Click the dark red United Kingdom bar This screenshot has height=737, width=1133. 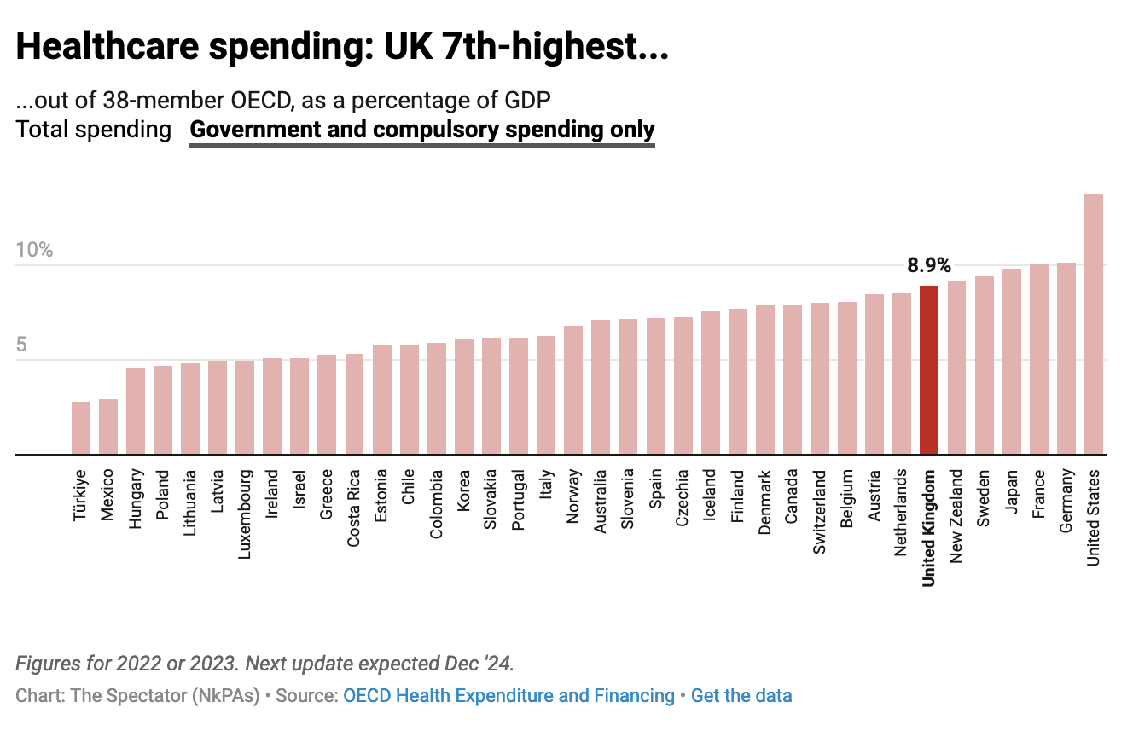click(x=929, y=370)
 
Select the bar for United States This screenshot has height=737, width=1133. click(x=1093, y=324)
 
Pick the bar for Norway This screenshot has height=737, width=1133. click(x=573, y=390)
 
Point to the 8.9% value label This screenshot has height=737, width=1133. click(x=929, y=265)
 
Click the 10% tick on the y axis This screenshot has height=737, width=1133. click(x=34, y=250)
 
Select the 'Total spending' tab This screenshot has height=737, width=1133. click(x=93, y=130)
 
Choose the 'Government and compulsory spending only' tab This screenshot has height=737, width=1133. click(x=422, y=130)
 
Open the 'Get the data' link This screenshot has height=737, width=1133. click(x=741, y=696)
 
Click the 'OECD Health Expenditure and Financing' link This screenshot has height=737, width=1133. click(x=508, y=696)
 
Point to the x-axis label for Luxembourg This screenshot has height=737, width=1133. click(x=245, y=514)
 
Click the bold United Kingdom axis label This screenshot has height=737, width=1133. click(x=929, y=527)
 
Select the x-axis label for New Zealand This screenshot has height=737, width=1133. click(x=956, y=515)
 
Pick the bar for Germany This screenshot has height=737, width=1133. click(x=1066, y=358)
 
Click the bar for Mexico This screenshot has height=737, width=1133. click(x=107, y=427)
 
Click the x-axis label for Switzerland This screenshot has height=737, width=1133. click(x=819, y=512)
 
